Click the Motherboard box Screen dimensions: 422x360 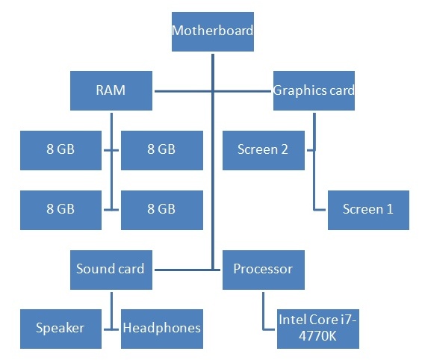tap(213, 31)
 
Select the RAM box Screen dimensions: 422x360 tap(111, 90)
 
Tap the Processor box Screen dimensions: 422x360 tap(264, 270)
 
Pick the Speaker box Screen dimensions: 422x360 tap(60, 329)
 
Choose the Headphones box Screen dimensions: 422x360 tap(162, 329)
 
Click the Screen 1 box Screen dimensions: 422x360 tap(368, 210)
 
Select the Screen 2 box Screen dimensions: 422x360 tap(264, 150)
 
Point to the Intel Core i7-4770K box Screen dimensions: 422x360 tap(318, 329)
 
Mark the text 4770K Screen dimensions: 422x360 tap(317, 336)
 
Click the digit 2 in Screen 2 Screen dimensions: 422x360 tap(285, 149)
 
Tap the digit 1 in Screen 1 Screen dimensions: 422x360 tap(390, 209)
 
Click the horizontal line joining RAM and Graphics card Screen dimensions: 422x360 tap(213, 91)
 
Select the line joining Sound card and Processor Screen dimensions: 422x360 tap(187, 270)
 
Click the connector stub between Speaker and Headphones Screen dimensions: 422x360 tap(111, 329)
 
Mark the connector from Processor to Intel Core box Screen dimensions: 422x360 tap(263, 312)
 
